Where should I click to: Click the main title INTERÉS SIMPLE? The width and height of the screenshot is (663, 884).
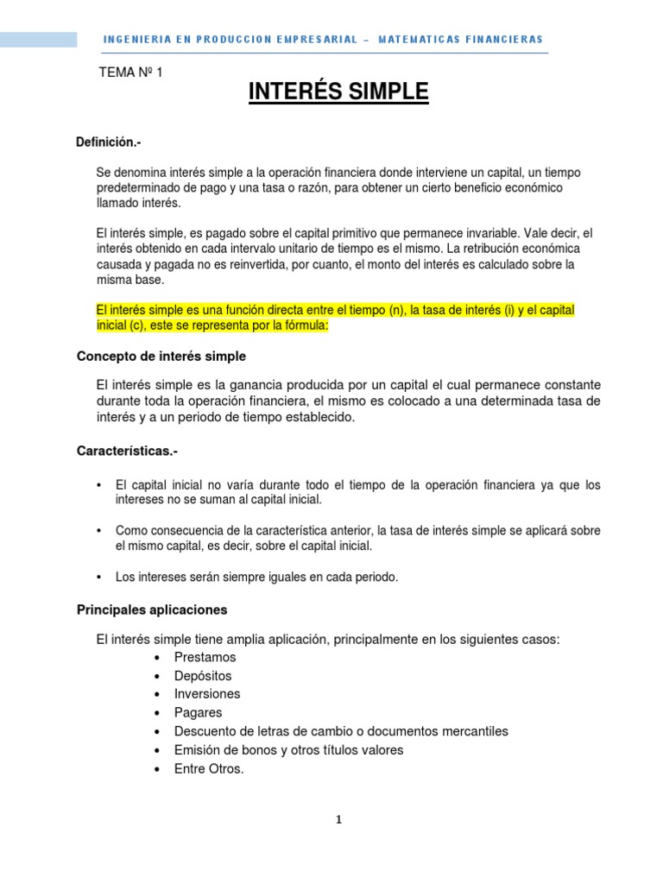point(338,92)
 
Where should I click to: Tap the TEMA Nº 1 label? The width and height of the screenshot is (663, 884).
point(131,73)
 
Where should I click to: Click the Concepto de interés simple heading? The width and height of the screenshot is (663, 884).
point(161,356)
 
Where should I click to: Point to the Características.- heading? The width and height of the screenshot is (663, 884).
point(128,451)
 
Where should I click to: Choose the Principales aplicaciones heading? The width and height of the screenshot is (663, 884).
point(152,609)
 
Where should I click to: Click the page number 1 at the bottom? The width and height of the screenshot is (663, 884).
point(339,820)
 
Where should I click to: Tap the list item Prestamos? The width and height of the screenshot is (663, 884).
point(205,658)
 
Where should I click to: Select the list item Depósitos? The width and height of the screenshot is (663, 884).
point(203,676)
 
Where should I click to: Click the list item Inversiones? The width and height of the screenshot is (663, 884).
point(207,694)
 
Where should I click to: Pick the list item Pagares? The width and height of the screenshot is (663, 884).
point(198,713)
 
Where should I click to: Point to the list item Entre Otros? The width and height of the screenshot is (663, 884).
point(209,768)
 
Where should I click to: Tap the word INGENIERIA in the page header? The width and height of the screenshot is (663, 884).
point(132,40)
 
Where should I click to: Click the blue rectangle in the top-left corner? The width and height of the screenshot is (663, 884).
point(38,40)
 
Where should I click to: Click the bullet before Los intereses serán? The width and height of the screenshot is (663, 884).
point(103,578)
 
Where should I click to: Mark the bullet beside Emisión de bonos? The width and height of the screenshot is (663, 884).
point(156,750)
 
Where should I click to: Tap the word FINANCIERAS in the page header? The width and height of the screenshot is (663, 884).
point(502,40)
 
